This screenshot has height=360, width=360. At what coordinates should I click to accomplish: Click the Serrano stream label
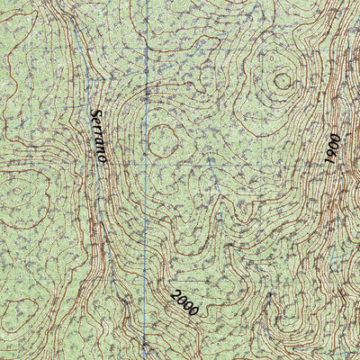[98, 136]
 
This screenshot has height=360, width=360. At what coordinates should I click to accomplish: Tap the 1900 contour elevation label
[331, 147]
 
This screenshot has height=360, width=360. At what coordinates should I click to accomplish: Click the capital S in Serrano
[94, 114]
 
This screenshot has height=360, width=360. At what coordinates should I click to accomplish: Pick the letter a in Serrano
[99, 142]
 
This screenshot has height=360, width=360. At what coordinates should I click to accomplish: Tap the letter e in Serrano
[95, 122]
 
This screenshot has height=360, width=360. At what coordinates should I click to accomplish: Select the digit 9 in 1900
[332, 151]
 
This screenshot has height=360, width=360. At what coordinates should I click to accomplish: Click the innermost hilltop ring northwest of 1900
[283, 81]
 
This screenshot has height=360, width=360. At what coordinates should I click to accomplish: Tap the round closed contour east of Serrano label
[162, 138]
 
